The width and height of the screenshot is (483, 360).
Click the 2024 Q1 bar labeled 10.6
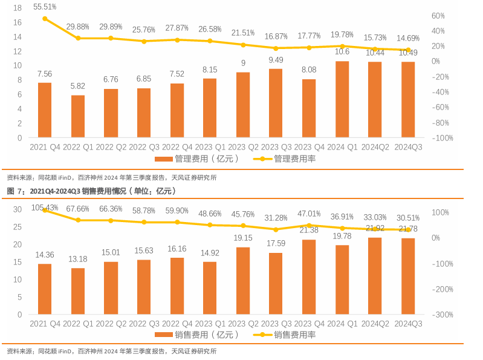(x=342, y=99)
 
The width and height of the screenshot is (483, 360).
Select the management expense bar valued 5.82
(x=78, y=116)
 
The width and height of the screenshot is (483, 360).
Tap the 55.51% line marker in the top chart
(x=45, y=19)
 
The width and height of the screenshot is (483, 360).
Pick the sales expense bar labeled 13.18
(x=78, y=291)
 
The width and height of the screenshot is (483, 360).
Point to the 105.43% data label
(x=45, y=208)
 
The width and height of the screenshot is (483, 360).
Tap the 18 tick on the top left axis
(x=17, y=8)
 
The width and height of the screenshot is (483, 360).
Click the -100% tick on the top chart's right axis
(x=443, y=138)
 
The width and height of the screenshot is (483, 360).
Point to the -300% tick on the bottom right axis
(x=443, y=315)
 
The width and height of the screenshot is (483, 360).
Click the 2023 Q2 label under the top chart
(x=243, y=147)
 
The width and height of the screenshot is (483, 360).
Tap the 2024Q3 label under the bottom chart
(x=408, y=324)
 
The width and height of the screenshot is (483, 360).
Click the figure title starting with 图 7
(x=91, y=191)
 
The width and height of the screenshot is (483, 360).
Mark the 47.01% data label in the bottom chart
(x=309, y=214)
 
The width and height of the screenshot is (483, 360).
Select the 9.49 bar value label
(x=276, y=59)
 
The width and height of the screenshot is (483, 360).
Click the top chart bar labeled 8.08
(x=309, y=108)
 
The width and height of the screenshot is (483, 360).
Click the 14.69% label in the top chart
(x=408, y=38)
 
